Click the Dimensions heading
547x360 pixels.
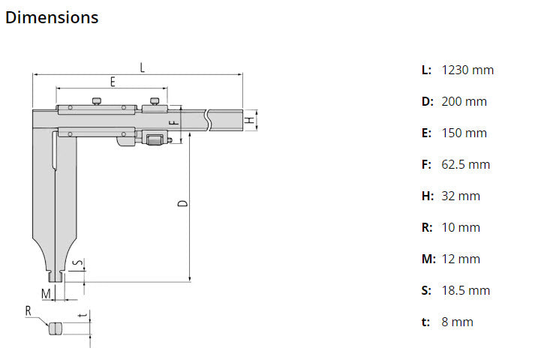point(52,17)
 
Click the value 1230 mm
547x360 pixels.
point(467,70)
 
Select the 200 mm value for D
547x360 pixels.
point(464,101)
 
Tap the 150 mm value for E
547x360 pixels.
point(464,133)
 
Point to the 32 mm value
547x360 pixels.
point(461,196)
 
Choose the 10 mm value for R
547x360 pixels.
point(461,227)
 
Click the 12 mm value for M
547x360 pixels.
point(461,259)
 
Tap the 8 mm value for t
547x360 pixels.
point(457,322)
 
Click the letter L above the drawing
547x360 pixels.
point(142,67)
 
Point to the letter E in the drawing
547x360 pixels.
point(112,82)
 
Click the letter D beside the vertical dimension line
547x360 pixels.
point(183,203)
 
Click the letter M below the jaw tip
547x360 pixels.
point(46,292)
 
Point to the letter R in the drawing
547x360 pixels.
point(28,310)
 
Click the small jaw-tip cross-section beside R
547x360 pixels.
point(55,328)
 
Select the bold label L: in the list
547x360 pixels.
point(426,70)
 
